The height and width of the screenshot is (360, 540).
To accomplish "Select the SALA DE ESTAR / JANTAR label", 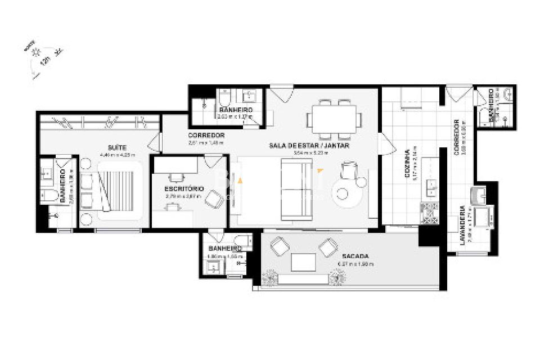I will [318, 145].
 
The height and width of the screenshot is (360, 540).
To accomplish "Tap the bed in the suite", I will [119, 190].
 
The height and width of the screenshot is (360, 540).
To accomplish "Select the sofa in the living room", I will [296, 190].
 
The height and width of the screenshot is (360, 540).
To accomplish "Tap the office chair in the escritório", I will [214, 199].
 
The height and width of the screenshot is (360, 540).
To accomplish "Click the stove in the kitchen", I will [429, 213].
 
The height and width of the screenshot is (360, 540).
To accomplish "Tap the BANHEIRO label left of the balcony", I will [225, 248].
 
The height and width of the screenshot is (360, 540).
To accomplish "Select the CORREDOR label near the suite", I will [206, 136].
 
